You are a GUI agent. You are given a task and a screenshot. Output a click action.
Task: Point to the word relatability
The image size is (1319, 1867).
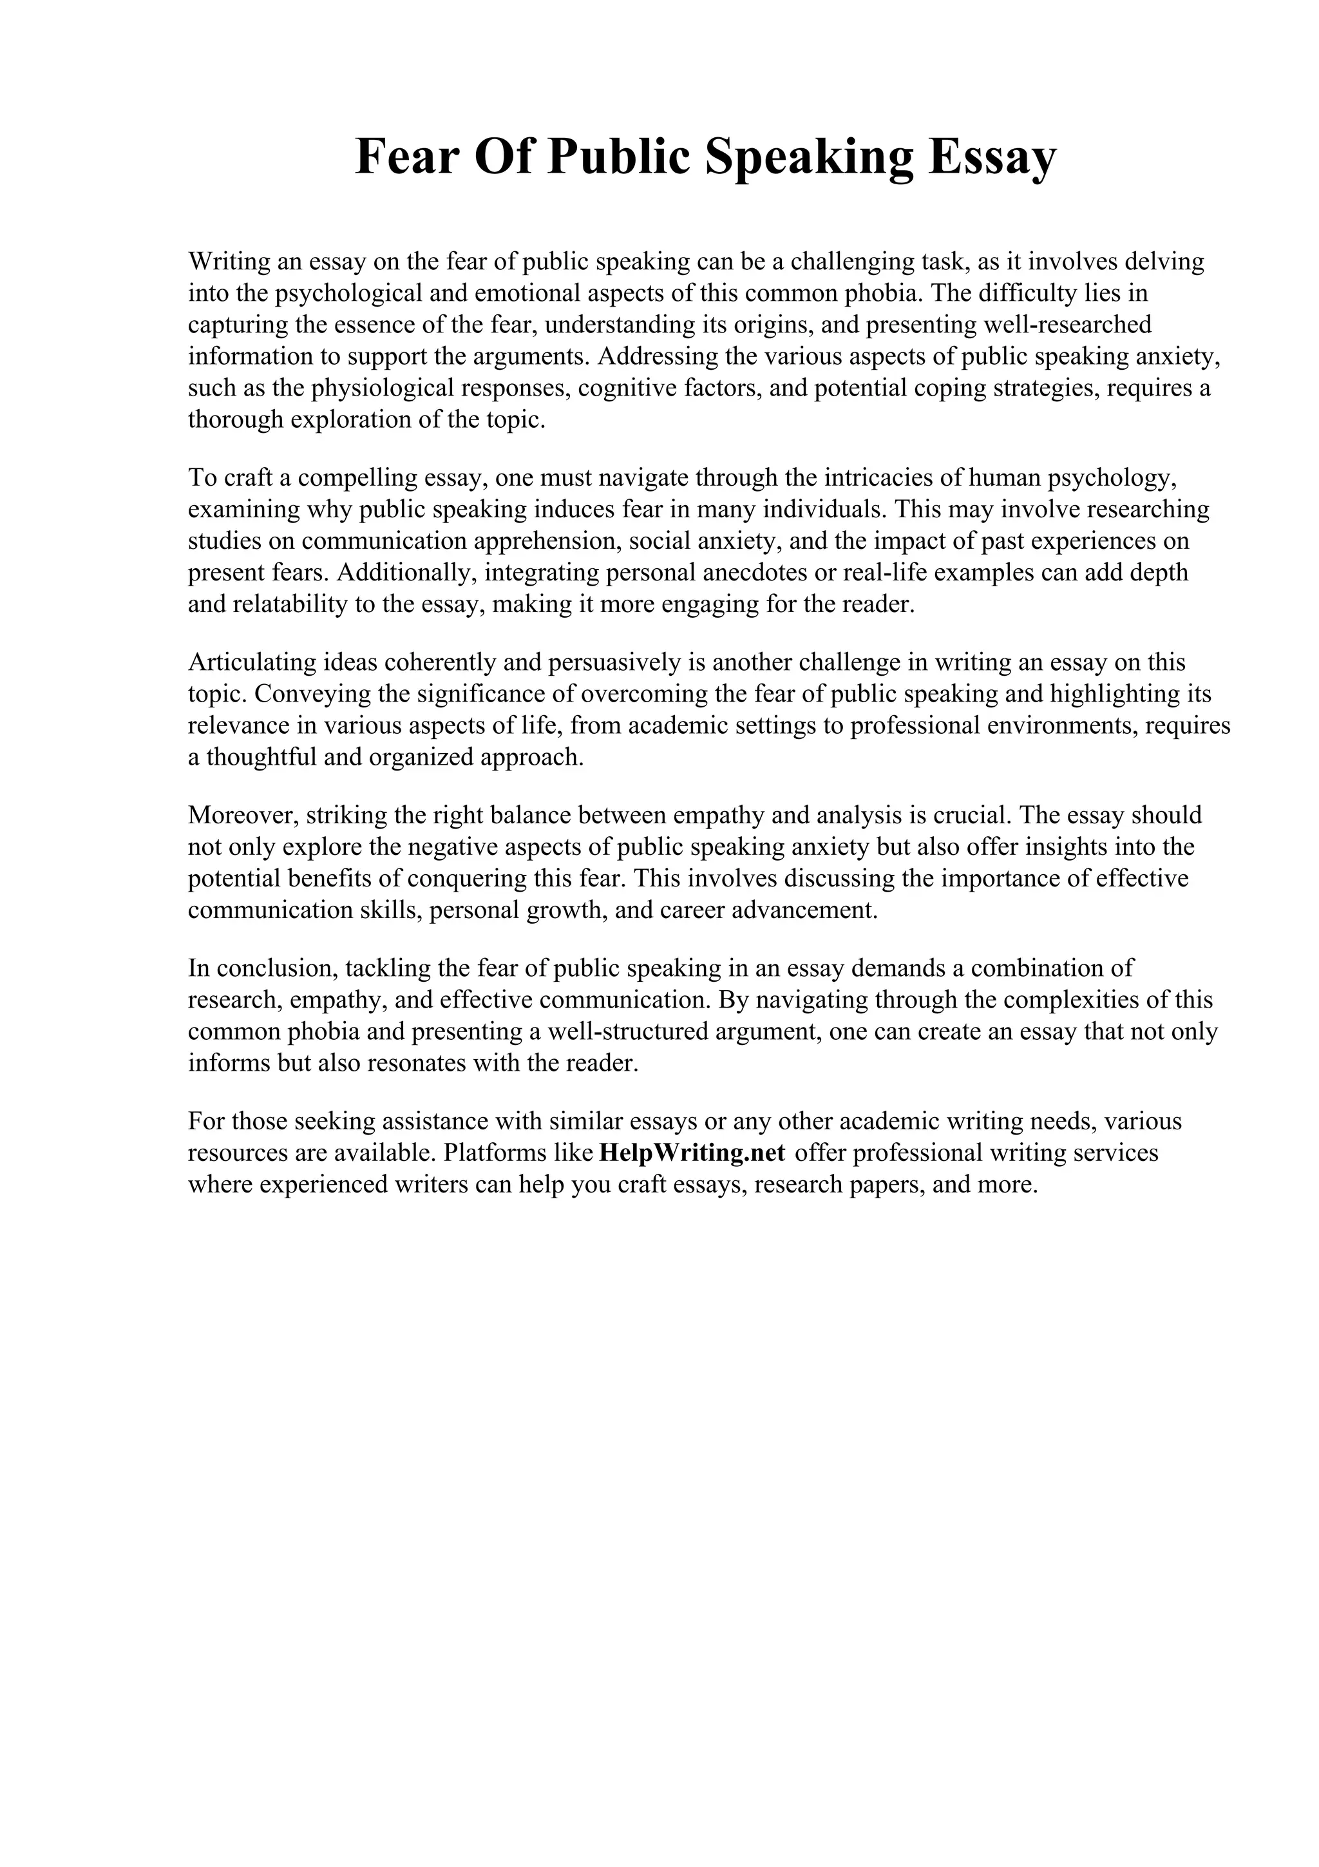(x=294, y=604)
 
